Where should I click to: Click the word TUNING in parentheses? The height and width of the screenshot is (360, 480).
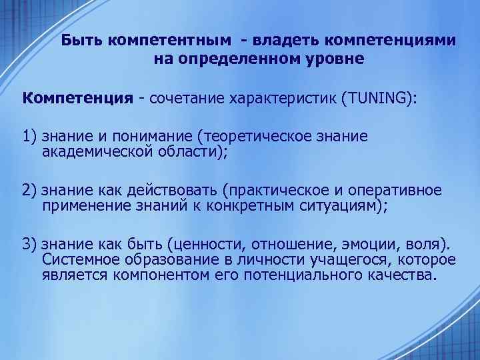click(x=377, y=99)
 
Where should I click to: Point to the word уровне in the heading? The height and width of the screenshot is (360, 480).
click(x=331, y=59)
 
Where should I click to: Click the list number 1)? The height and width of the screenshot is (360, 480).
click(x=29, y=137)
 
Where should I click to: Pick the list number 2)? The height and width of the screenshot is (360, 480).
click(x=29, y=191)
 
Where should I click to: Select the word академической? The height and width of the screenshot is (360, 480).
click(x=95, y=151)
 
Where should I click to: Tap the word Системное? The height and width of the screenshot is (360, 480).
click(x=77, y=259)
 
